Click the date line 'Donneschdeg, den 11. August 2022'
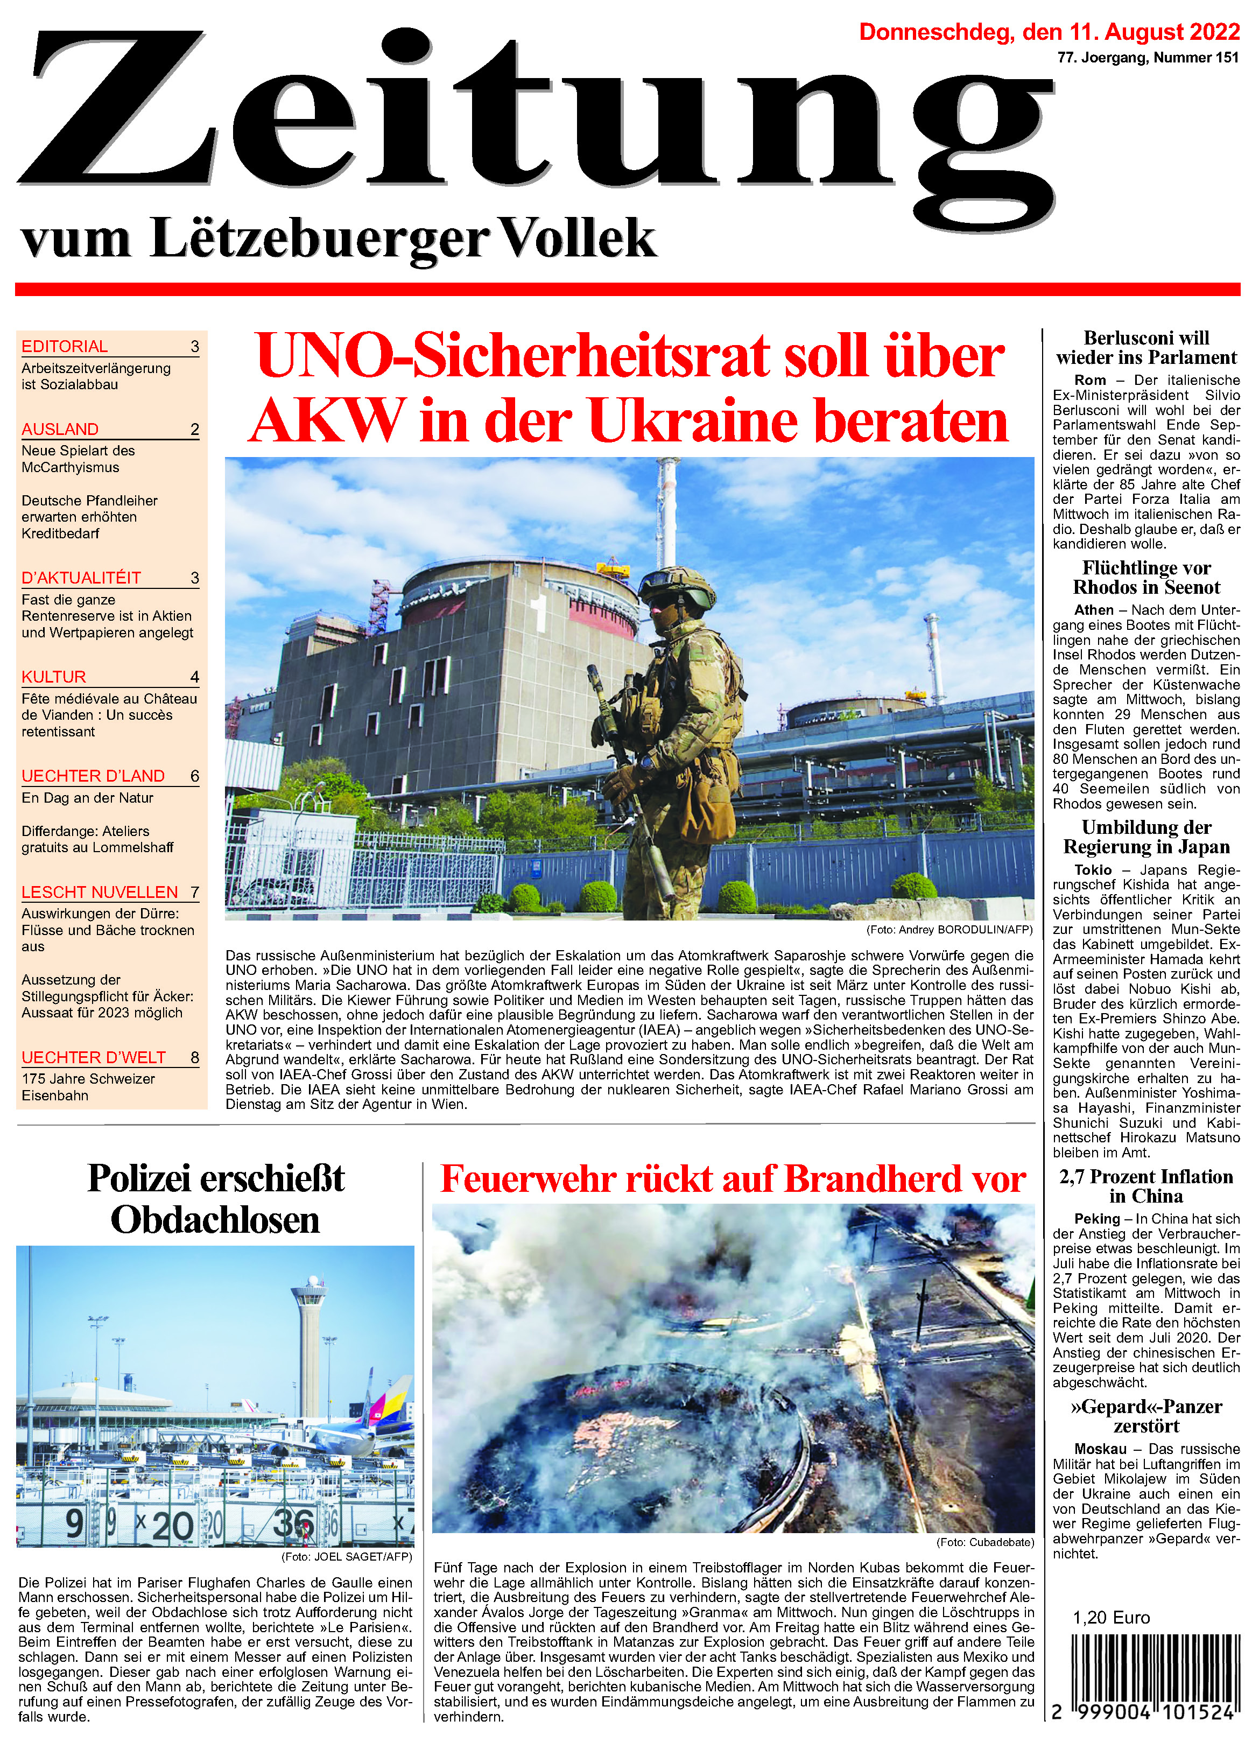click(x=1049, y=32)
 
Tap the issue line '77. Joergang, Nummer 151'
click(x=1148, y=58)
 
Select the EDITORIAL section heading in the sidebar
click(x=65, y=346)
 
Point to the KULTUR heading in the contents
click(x=54, y=677)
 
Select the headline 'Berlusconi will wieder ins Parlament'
click(x=1146, y=348)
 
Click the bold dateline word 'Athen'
click(x=1094, y=610)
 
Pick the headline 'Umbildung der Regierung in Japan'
click(x=1146, y=837)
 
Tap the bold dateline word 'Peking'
click(x=1097, y=1219)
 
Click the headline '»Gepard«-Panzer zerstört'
click(x=1146, y=1416)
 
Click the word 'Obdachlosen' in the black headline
click(x=215, y=1220)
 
